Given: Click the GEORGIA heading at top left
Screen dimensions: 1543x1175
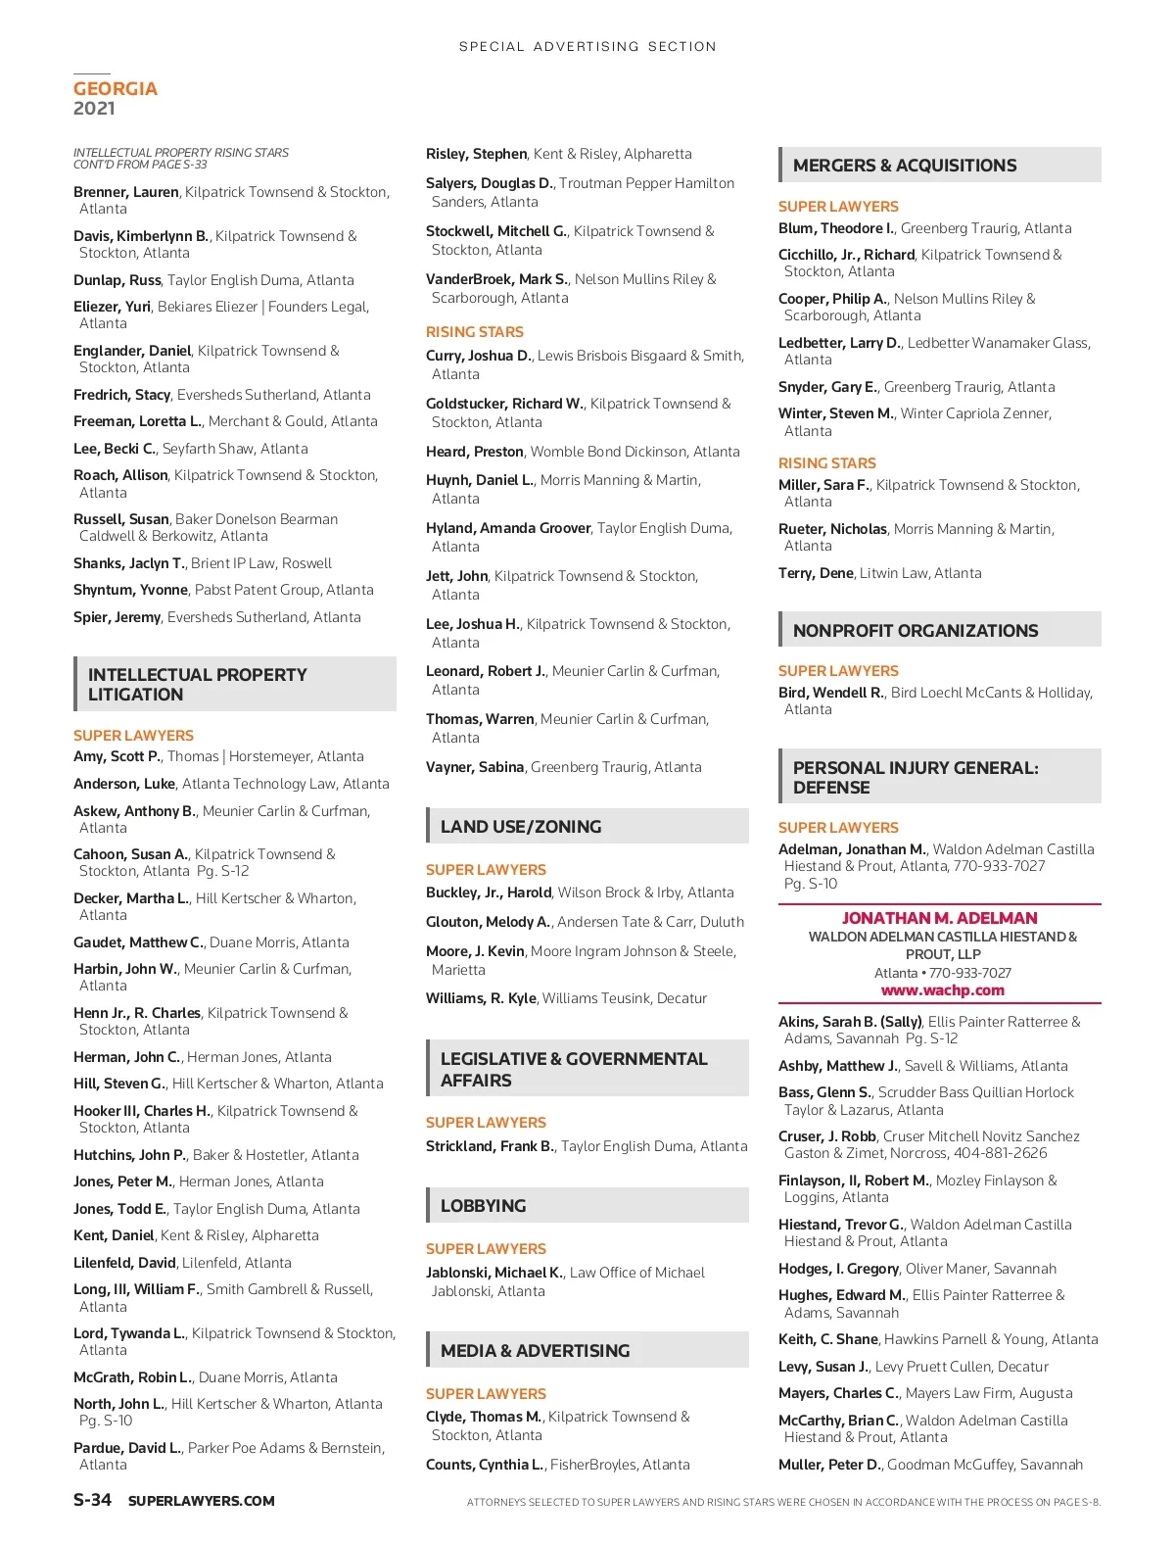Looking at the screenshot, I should [x=116, y=89].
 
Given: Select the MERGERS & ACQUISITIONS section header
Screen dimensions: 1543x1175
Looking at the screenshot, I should [x=905, y=166].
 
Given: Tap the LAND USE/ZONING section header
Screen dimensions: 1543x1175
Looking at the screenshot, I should [x=521, y=827].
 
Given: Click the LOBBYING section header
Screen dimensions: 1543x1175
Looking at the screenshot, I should [x=483, y=1206].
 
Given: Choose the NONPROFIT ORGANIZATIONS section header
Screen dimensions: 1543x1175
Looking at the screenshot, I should [x=916, y=631].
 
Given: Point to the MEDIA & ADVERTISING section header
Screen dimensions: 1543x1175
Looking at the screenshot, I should [x=535, y=1351].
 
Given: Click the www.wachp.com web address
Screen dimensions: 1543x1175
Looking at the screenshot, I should [x=942, y=990].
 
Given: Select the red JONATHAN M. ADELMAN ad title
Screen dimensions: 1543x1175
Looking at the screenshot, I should [x=939, y=918].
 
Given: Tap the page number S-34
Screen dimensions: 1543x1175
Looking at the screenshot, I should [x=92, y=1500].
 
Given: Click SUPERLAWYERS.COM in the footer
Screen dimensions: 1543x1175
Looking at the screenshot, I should [x=202, y=1501].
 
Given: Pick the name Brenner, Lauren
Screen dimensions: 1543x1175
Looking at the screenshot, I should [x=126, y=192].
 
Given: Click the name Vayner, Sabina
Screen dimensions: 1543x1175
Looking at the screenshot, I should [x=475, y=767].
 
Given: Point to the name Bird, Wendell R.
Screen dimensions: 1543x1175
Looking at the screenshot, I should [x=831, y=693].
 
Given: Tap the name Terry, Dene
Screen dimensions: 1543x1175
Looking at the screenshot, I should [x=816, y=573].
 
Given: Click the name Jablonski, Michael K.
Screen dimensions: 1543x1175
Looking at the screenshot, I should [x=494, y=1273].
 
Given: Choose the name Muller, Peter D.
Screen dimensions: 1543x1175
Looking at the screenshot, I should [x=829, y=1465].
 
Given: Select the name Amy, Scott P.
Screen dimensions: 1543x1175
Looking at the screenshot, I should [x=117, y=756].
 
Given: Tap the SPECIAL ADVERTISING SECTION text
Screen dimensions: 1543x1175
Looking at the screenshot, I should [x=587, y=46].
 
